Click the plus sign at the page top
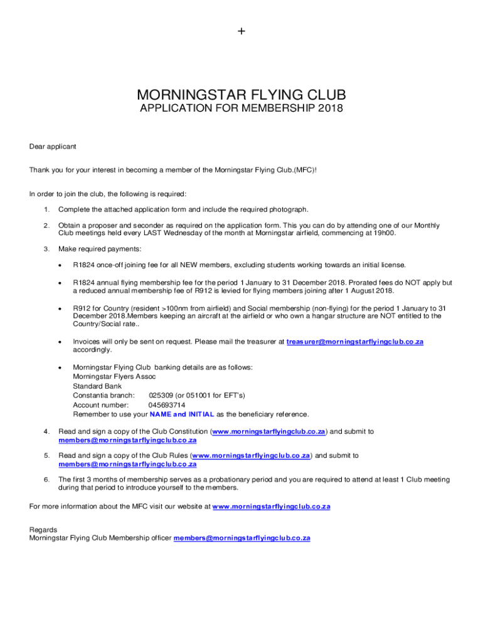(242, 31)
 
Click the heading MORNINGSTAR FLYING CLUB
(242, 96)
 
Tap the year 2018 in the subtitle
(331, 108)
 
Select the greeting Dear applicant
(53, 147)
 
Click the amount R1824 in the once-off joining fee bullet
(85, 265)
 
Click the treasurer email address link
(355, 342)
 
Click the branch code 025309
(161, 396)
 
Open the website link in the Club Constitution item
(268, 431)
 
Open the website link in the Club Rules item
(251, 455)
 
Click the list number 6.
(46, 480)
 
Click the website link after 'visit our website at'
(271, 506)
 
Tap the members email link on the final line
(242, 538)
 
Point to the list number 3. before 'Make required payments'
(46, 249)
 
